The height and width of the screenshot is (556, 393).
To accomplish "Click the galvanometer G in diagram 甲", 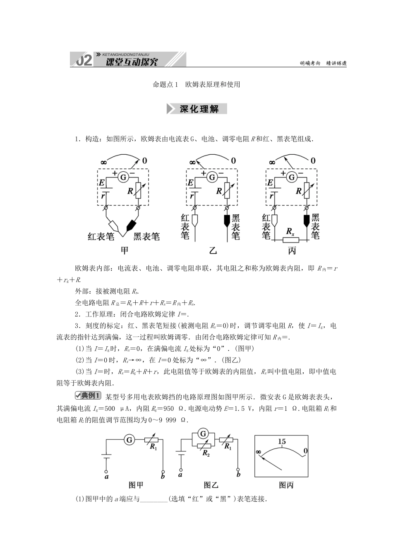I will [x=123, y=177].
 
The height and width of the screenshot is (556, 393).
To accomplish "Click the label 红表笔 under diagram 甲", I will [x=101, y=237].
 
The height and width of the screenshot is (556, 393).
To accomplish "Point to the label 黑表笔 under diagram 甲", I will [x=146, y=237].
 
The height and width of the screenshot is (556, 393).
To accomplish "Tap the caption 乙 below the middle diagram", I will [x=213, y=251].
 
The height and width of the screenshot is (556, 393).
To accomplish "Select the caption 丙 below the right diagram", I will [x=291, y=251].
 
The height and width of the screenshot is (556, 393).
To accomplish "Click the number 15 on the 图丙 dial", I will [x=282, y=442].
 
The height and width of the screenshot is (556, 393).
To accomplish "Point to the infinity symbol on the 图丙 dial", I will [x=259, y=452].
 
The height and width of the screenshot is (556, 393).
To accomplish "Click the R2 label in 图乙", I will [x=206, y=453].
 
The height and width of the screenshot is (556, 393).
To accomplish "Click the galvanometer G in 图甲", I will [x=129, y=440].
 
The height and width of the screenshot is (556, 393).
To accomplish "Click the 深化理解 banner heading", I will [x=196, y=109].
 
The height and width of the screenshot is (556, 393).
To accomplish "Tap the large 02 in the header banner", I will [x=84, y=61].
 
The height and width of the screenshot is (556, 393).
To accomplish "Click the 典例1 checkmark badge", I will [x=88, y=395].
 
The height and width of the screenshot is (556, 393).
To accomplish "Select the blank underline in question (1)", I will [x=153, y=499].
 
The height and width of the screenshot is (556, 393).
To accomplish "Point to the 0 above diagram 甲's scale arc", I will [x=144, y=161].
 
